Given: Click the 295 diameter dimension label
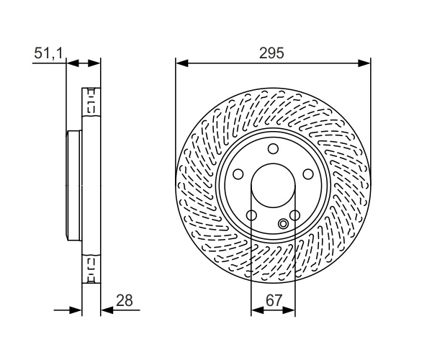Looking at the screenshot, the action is coord(271,53).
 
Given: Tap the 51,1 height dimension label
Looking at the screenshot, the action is coord(49,53).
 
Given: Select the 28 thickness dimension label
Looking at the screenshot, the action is coord(125,300).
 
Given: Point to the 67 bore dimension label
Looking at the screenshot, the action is coord(274,300).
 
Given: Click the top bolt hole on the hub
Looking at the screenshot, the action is coord(274,149).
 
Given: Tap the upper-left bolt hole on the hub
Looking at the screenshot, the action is coord(238,174).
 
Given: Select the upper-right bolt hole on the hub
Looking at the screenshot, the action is coord(308,174).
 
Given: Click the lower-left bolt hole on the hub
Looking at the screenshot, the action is coord(251,215).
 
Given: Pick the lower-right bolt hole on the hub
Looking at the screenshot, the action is coord(294,215).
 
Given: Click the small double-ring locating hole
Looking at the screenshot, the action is coord(283,224).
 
